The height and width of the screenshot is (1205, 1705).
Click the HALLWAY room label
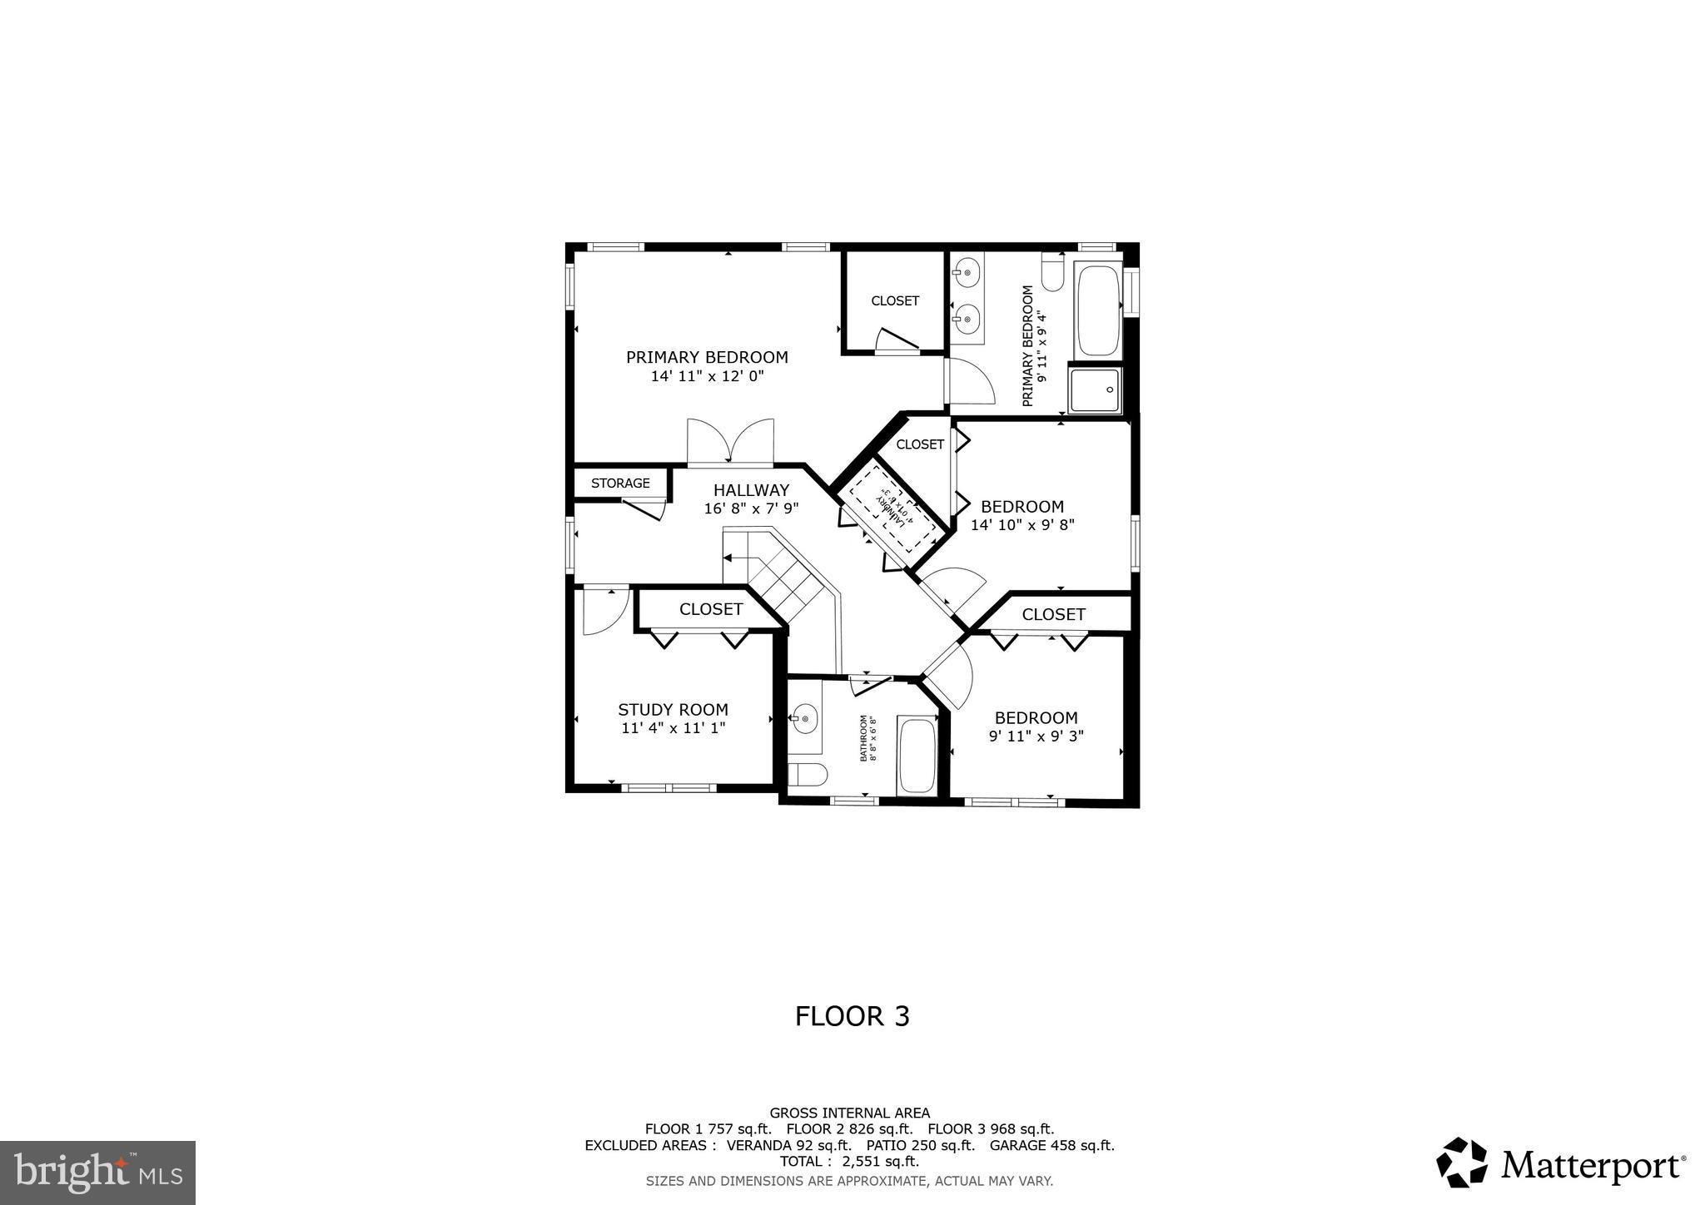click(751, 490)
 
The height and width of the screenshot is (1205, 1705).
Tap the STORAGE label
click(620, 483)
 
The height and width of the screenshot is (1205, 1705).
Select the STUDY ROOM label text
click(673, 709)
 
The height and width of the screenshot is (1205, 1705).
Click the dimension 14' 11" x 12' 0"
click(707, 376)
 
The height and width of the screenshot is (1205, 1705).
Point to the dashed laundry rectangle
click(891, 508)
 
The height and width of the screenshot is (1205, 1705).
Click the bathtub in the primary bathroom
click(1097, 310)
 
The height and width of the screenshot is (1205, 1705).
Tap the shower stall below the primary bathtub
click(1096, 390)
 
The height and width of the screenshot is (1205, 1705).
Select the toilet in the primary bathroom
click(1053, 275)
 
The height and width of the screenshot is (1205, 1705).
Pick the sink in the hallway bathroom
click(804, 717)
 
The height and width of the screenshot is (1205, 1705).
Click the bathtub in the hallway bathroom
click(917, 756)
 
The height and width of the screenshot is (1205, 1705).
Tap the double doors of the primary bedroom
click(730, 441)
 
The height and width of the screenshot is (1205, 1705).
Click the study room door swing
click(602, 612)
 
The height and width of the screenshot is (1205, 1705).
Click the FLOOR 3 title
click(852, 1016)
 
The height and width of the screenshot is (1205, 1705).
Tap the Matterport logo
click(1561, 1164)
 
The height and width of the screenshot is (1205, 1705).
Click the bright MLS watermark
click(97, 1173)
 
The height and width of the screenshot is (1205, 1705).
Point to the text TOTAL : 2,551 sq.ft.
click(849, 1161)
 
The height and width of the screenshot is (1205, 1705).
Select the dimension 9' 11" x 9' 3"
click(1036, 736)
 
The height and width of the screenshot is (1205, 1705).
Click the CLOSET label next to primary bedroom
click(895, 300)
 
